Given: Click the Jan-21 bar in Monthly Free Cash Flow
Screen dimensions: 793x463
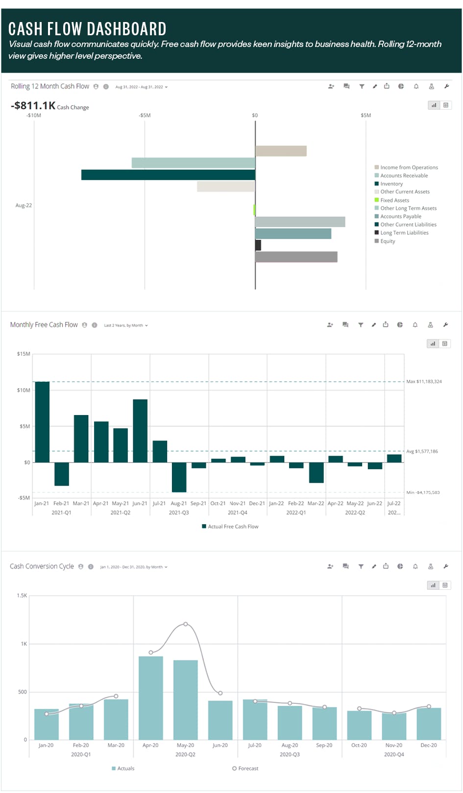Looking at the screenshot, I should [x=42, y=422].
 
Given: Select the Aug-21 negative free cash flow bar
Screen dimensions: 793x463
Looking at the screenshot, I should [x=179, y=477].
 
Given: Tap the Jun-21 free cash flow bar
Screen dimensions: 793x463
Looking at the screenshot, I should [x=140, y=431].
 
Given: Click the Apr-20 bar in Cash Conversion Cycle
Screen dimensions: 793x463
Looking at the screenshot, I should [x=151, y=698].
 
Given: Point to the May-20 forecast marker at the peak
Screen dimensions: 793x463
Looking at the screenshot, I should [x=186, y=624].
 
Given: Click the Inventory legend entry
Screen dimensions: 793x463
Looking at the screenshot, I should [x=391, y=184].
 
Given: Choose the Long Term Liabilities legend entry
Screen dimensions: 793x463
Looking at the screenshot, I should [x=404, y=233].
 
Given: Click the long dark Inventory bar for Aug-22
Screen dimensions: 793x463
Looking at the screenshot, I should [x=168, y=175].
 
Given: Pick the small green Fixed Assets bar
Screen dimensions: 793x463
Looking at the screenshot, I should [x=254, y=210].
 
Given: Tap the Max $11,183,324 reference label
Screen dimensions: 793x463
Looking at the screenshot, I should [x=424, y=381].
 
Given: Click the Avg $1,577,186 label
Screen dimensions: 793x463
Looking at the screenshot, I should [x=422, y=451].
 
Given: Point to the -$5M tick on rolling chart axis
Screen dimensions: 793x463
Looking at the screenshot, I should [x=145, y=116].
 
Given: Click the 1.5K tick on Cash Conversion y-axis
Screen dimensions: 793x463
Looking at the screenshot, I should [x=22, y=596].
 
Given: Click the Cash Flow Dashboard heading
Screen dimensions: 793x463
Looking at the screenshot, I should [x=87, y=29].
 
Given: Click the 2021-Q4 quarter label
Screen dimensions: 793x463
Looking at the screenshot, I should [x=238, y=513].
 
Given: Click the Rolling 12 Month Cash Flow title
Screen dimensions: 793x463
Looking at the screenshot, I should [x=50, y=86].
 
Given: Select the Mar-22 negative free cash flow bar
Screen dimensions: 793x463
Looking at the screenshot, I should [x=316, y=473].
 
